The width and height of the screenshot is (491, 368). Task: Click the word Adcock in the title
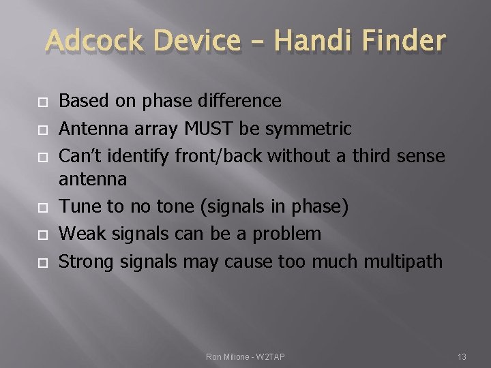coord(95,42)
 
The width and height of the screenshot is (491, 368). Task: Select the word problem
coord(286,234)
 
